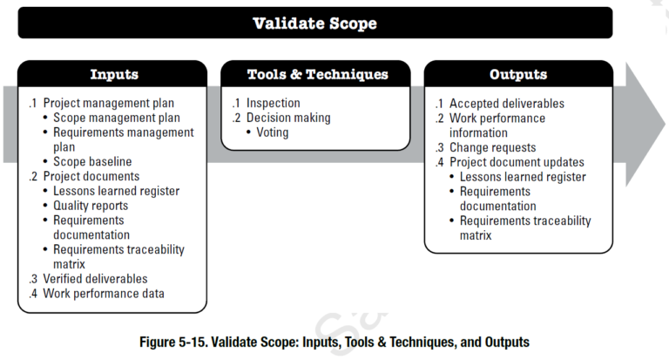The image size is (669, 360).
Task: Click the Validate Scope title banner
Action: click(x=314, y=23)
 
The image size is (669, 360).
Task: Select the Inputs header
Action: click(x=114, y=74)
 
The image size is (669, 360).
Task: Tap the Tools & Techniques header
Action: click(x=317, y=74)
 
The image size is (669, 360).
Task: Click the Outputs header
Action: click(x=518, y=74)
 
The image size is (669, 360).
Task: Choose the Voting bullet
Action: click(x=272, y=132)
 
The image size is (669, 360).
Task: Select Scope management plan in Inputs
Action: click(x=117, y=118)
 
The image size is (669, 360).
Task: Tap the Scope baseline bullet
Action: click(x=92, y=162)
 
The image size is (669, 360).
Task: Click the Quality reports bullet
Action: click(x=91, y=206)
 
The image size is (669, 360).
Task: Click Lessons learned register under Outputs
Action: click(x=523, y=177)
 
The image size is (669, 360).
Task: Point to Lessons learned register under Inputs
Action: click(x=116, y=191)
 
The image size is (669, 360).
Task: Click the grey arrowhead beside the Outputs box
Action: click(x=645, y=125)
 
